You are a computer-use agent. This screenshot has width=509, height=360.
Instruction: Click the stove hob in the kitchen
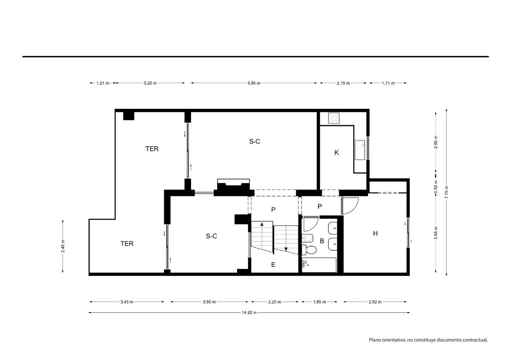(x=334, y=118)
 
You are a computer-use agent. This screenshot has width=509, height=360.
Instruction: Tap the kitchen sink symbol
(x=360, y=150)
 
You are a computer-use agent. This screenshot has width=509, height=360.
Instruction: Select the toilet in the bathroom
(x=309, y=250)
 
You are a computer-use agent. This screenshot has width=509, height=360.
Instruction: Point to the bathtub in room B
(x=319, y=265)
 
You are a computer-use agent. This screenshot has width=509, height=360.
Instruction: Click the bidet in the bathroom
(x=308, y=238)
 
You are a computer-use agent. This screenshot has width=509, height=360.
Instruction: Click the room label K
(x=337, y=153)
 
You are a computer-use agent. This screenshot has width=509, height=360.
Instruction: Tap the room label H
(x=375, y=233)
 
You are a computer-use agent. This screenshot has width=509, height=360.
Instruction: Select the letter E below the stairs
(x=273, y=265)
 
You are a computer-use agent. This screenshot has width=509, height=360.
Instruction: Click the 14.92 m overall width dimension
(x=249, y=312)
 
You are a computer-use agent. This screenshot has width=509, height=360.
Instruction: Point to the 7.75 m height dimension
(x=446, y=192)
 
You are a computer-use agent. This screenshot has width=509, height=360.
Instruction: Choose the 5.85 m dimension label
(x=254, y=83)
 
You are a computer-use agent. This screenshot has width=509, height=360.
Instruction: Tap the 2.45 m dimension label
(x=63, y=246)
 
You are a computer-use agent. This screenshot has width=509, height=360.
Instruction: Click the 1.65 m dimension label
(x=319, y=302)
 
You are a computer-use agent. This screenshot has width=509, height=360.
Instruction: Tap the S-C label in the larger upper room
(x=255, y=141)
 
